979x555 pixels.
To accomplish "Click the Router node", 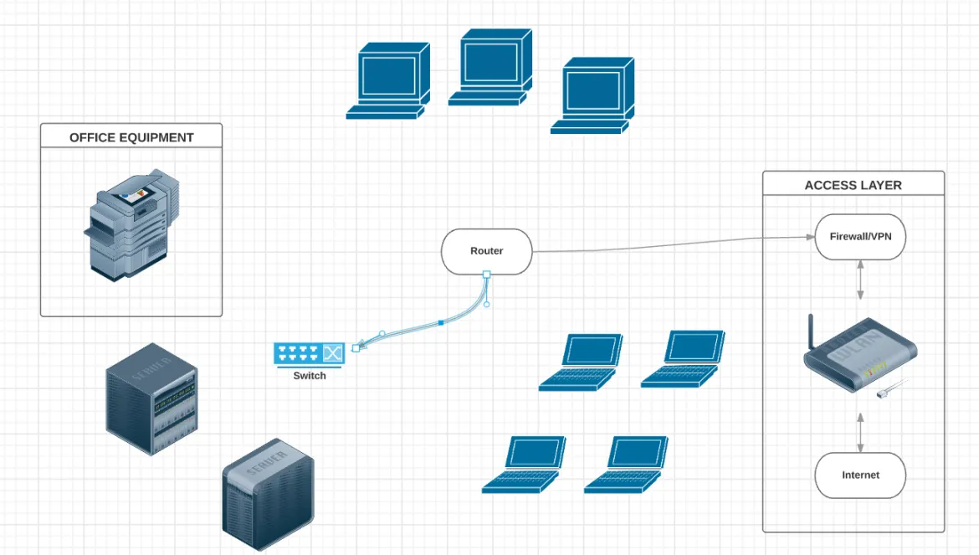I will (x=486, y=251).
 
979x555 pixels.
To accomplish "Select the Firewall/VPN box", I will (x=860, y=237).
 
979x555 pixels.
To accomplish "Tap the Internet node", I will (x=860, y=475).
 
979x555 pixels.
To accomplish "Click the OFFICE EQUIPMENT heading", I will (x=131, y=137).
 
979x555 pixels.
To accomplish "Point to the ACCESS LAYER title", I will (x=853, y=185).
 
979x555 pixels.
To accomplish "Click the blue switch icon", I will (x=309, y=354).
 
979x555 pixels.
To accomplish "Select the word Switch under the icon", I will (x=309, y=376).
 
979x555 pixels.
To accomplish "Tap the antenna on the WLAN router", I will (x=811, y=333).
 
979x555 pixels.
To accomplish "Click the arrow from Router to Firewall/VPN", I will (x=669, y=244).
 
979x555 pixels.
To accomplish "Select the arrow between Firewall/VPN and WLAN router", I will (x=860, y=280).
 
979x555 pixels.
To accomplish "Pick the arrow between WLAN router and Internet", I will (x=860, y=432).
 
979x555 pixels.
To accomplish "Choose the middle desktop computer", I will (x=490, y=67).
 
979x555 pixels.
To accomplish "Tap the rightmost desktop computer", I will (x=592, y=95).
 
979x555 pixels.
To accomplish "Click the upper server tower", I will (x=151, y=398).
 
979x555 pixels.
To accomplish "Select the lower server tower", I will (x=268, y=494).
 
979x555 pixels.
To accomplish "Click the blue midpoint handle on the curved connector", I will (x=441, y=322).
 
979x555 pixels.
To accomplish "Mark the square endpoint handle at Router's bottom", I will (x=486, y=275).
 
